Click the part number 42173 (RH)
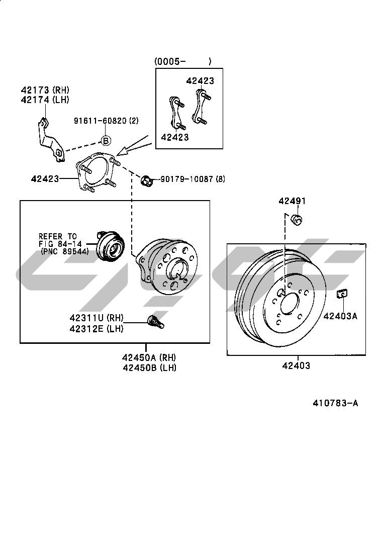[x=44, y=90]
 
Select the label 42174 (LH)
[x=44, y=100]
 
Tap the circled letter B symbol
[x=106, y=141]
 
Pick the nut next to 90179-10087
[x=147, y=179]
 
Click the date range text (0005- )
[x=182, y=61]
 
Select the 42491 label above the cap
[x=292, y=201]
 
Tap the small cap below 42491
[x=297, y=219]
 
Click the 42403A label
[x=340, y=316]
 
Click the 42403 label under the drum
[x=296, y=365]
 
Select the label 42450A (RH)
[x=149, y=357]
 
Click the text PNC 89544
[x=64, y=252]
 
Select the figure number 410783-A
[x=335, y=403]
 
